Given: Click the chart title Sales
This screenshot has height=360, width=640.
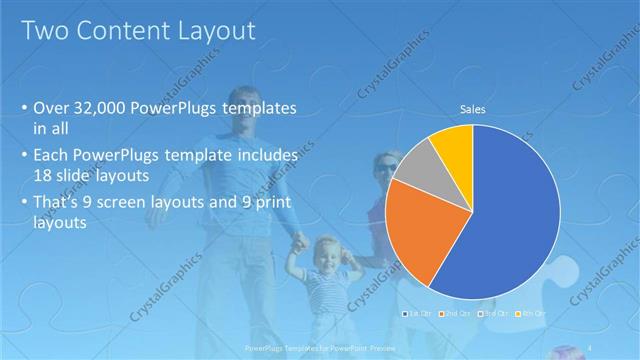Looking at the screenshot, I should point(473,110).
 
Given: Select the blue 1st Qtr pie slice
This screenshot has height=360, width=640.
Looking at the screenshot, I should point(510,220).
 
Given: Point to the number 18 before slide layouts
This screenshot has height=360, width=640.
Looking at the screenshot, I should point(42,176).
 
